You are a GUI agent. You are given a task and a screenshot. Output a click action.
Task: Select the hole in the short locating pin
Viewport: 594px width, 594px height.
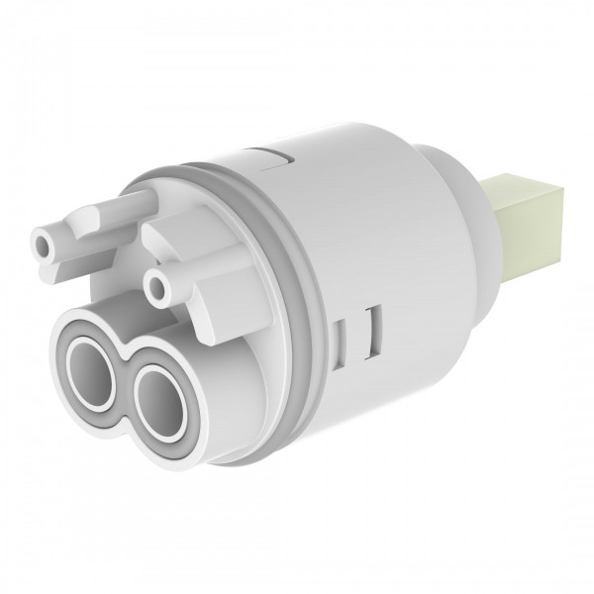(155, 287)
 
